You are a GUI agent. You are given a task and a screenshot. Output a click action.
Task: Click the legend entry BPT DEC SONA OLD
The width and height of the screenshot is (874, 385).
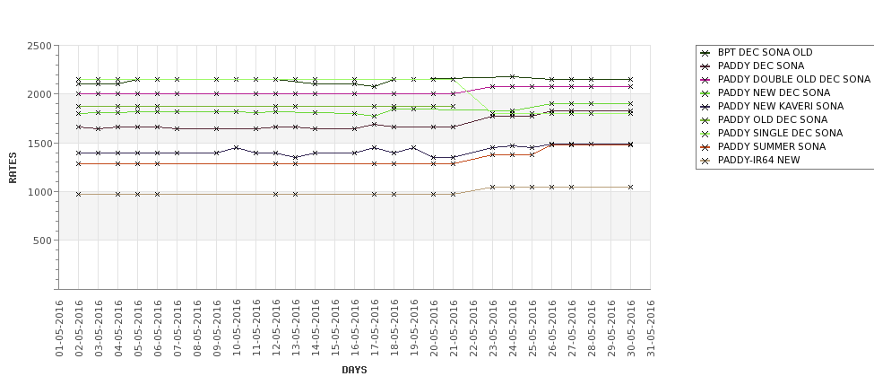point(765,52)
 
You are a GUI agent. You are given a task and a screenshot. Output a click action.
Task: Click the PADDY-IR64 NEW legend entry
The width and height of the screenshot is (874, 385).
point(758,160)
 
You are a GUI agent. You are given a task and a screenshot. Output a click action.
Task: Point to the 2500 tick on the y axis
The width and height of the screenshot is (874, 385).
point(39,46)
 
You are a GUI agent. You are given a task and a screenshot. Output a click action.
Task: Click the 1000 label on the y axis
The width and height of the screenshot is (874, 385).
point(39,192)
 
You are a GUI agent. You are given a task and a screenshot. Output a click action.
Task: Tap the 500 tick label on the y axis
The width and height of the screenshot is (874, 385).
point(41,241)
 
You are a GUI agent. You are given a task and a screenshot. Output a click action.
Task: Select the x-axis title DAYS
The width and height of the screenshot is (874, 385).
point(354,370)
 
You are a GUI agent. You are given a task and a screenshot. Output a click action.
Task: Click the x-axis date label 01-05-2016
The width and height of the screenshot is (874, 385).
point(59,328)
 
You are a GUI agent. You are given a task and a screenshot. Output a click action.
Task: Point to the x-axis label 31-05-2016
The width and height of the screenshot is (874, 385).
point(651,328)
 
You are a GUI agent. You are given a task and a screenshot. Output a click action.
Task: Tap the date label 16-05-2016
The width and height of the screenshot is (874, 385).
point(355,328)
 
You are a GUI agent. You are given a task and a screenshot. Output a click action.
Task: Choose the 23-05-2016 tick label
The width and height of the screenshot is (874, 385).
point(493,328)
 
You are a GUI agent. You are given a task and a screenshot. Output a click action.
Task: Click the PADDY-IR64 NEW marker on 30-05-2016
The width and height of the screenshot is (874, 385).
point(631,187)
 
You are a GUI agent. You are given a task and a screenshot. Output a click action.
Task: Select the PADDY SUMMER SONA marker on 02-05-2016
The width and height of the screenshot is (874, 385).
point(79,163)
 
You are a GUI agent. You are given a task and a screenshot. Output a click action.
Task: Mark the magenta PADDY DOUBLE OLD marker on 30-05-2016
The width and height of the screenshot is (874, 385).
point(631,86)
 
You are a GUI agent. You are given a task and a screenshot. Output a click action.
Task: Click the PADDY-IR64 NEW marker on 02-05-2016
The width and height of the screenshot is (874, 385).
point(79,194)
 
